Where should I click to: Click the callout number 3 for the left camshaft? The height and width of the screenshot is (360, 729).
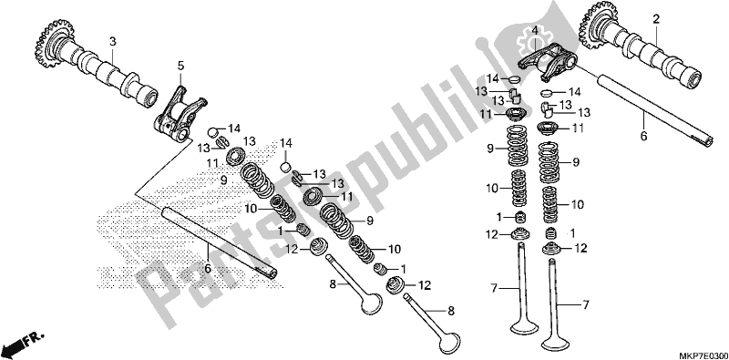click(x=111, y=42)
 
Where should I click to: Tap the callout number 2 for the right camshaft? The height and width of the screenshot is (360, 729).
click(x=656, y=19)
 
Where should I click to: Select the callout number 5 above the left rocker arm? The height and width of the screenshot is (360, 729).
click(x=180, y=67)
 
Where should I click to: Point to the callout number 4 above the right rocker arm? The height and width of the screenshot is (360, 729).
click(x=535, y=31)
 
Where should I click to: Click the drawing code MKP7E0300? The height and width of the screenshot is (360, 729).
click(x=704, y=355)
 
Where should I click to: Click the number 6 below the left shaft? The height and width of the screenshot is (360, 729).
click(x=208, y=269)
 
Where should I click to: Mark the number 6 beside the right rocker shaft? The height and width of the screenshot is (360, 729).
click(x=643, y=137)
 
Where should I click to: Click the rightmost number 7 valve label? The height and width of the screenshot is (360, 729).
click(x=585, y=305)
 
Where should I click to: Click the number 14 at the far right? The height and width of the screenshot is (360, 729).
click(x=575, y=92)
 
